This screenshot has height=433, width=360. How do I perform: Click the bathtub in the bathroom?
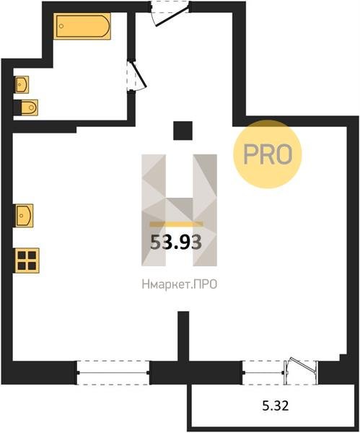click(82, 26)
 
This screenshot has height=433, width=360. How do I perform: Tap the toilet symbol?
click(26, 108)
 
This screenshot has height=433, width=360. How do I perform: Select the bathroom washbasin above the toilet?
click(21, 84)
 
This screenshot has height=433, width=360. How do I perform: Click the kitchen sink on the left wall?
click(24, 215)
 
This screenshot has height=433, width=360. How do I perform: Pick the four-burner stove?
click(27, 261)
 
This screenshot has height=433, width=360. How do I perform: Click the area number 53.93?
click(176, 242)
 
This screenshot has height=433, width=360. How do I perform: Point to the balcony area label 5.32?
click(276, 406)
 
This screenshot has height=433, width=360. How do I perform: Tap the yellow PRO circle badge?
click(268, 154)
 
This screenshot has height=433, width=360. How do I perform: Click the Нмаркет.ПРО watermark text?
click(180, 284)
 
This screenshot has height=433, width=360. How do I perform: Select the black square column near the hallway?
click(183, 131)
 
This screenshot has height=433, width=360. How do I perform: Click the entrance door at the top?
click(171, 14)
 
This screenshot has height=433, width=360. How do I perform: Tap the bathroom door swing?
click(136, 75)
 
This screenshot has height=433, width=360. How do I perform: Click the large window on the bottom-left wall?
click(113, 373)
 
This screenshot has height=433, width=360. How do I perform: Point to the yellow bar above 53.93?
click(176, 224)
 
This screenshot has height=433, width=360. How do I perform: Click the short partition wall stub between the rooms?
click(183, 336)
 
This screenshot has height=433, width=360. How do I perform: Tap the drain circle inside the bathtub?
click(61, 26)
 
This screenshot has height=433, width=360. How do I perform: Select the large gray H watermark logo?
click(179, 210)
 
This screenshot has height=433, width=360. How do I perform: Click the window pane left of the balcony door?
click(263, 373)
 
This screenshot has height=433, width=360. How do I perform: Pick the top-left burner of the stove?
click(22, 255)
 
